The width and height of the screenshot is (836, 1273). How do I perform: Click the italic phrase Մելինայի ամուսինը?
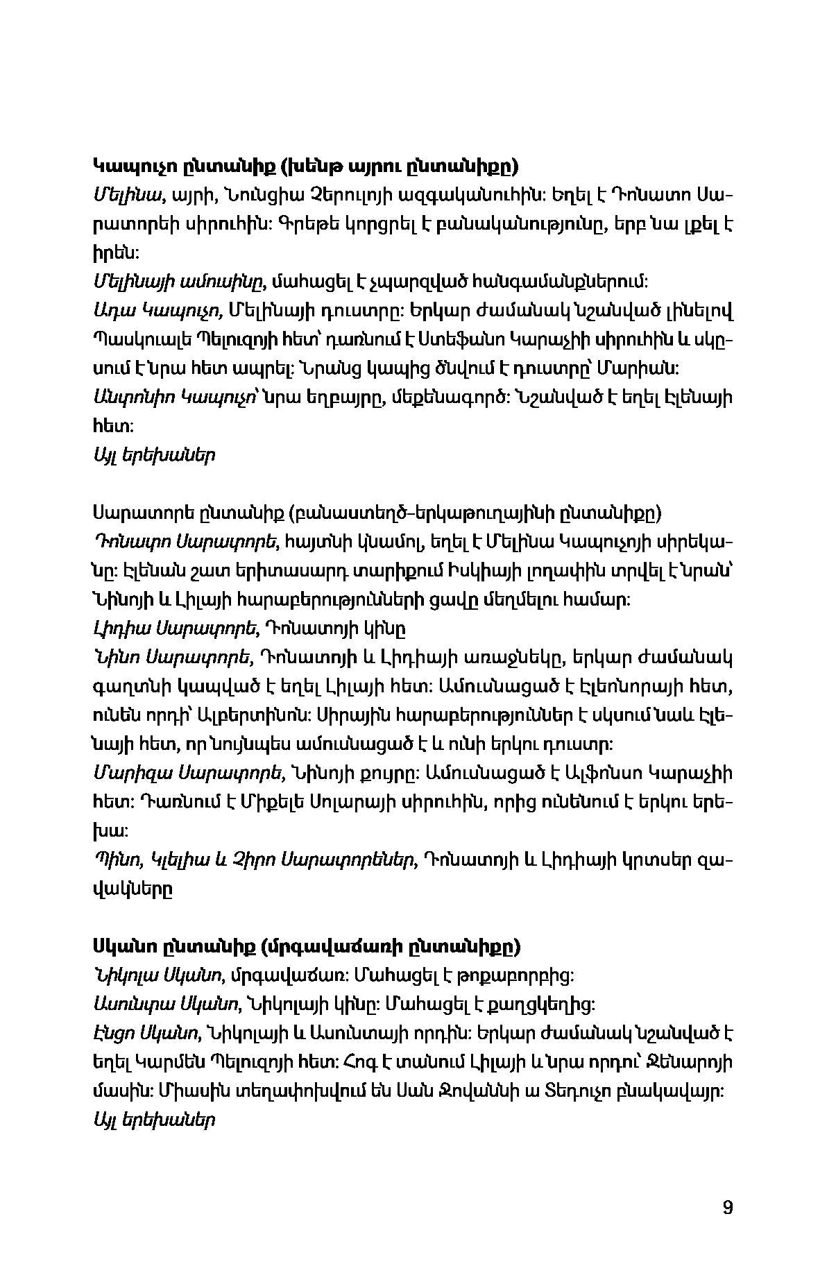[178, 282]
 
